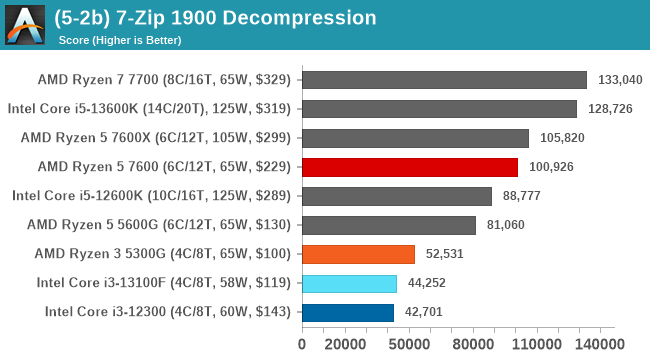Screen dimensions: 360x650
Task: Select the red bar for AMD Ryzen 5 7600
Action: point(409,167)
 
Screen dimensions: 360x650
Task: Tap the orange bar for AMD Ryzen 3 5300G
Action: point(358,254)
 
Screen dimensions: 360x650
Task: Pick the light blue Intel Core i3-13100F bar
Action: point(349,283)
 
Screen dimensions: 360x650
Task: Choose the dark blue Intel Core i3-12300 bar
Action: point(347,312)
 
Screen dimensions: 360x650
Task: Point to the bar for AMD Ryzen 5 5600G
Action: point(388,225)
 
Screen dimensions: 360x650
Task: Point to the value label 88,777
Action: point(526,196)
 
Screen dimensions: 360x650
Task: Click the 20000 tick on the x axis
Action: point(344,344)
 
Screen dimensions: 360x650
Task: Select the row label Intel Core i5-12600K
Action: point(150,196)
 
